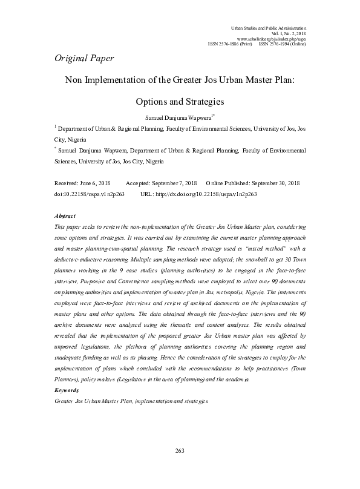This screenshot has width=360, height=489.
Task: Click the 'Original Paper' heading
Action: pos(84,59)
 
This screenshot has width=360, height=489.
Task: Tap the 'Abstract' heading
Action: pos(65,215)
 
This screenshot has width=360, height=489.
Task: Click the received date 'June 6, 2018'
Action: pos(93,182)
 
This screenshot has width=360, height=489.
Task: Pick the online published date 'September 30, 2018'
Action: pos(278,182)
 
